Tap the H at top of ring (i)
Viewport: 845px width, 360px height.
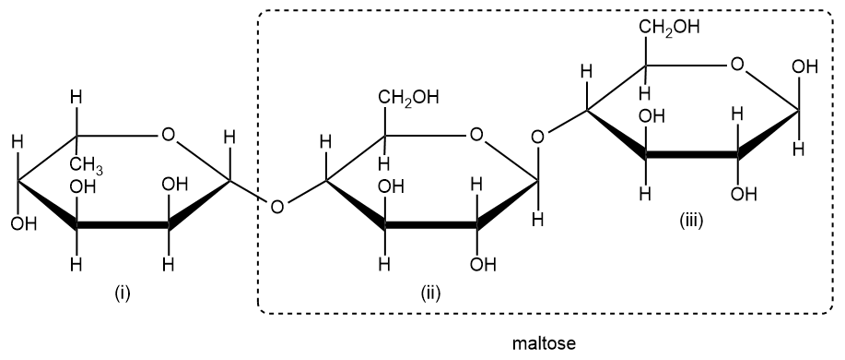[x=77, y=97]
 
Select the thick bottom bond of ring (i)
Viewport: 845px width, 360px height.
[x=123, y=226]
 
